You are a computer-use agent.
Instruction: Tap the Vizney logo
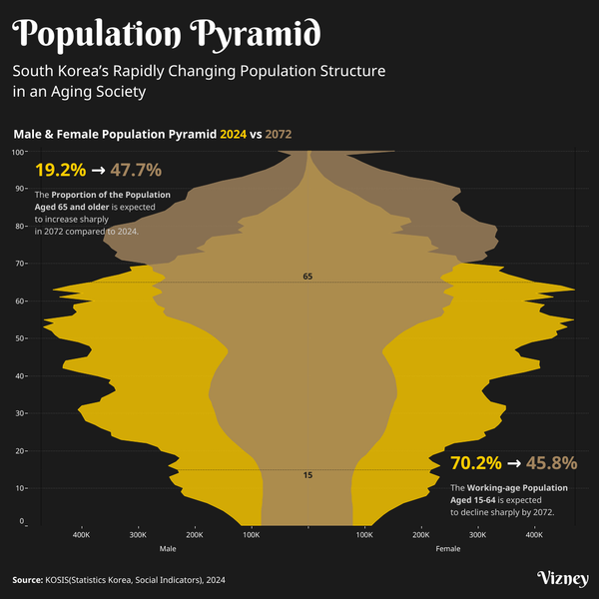point(562,579)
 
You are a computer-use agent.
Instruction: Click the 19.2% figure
point(60,170)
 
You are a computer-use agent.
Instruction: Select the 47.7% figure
point(136,170)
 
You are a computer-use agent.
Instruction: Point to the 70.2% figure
point(476,463)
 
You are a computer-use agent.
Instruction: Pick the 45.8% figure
point(551,463)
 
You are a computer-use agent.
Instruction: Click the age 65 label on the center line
point(307,276)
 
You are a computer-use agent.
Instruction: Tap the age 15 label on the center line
point(307,475)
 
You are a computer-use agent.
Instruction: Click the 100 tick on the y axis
point(19,152)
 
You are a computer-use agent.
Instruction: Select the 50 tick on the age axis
point(21,338)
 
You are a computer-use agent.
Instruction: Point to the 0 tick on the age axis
point(23,522)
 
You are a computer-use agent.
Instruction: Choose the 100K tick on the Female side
point(364,536)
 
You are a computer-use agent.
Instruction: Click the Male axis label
point(168,549)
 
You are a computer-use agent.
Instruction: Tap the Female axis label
point(448,549)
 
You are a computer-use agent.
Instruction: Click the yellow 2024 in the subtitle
point(233,133)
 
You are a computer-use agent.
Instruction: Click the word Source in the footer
point(27,579)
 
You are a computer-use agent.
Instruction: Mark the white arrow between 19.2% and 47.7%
point(98,171)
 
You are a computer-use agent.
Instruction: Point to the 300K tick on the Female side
point(477,536)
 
